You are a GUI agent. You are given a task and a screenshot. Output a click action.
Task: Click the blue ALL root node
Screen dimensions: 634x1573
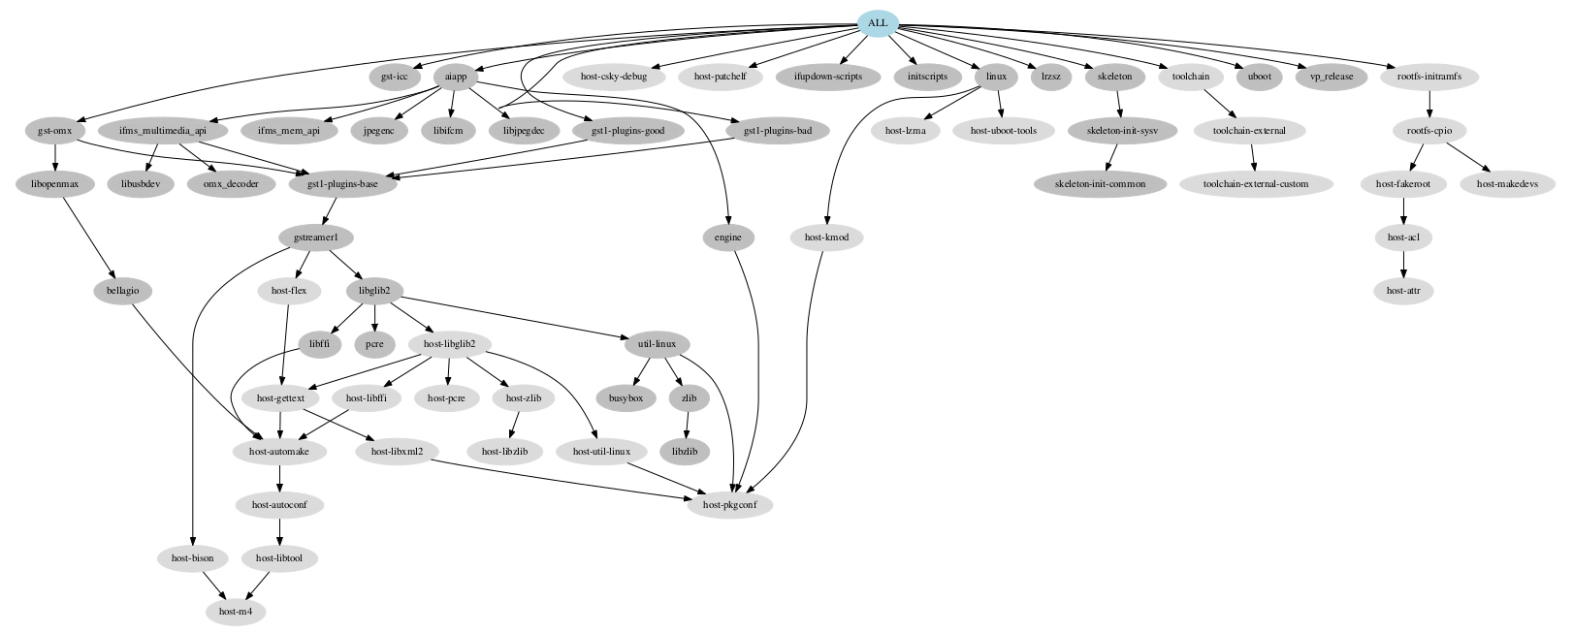[x=878, y=23]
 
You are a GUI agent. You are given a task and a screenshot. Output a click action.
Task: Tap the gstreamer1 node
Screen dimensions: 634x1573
[x=315, y=238]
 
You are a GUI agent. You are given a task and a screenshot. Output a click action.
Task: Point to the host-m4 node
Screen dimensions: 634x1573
[x=236, y=612]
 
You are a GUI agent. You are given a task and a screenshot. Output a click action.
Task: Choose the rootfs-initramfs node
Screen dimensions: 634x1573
[x=1429, y=77]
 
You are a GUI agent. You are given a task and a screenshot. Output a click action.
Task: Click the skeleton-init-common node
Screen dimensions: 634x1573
[x=1099, y=184]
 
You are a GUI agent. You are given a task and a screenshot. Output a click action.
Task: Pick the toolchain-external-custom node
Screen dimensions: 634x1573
[x=1255, y=184]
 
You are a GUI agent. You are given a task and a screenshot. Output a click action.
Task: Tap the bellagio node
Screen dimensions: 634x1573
[x=123, y=290]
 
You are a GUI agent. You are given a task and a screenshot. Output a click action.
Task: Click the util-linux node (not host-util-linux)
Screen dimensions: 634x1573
[x=657, y=344]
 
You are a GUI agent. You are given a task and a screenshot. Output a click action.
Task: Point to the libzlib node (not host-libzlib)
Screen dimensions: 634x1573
[x=684, y=451]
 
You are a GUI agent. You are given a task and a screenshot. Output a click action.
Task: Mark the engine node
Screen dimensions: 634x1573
[x=727, y=238]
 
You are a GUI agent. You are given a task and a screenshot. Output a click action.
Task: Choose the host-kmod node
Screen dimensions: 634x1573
[x=825, y=238]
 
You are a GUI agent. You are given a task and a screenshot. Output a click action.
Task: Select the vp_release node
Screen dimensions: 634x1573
[x=1331, y=77]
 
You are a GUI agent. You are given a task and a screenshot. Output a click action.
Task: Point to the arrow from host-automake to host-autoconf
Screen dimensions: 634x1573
[x=280, y=478]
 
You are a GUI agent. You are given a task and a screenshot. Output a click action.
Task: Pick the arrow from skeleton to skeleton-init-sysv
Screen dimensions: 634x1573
[x=1119, y=104]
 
